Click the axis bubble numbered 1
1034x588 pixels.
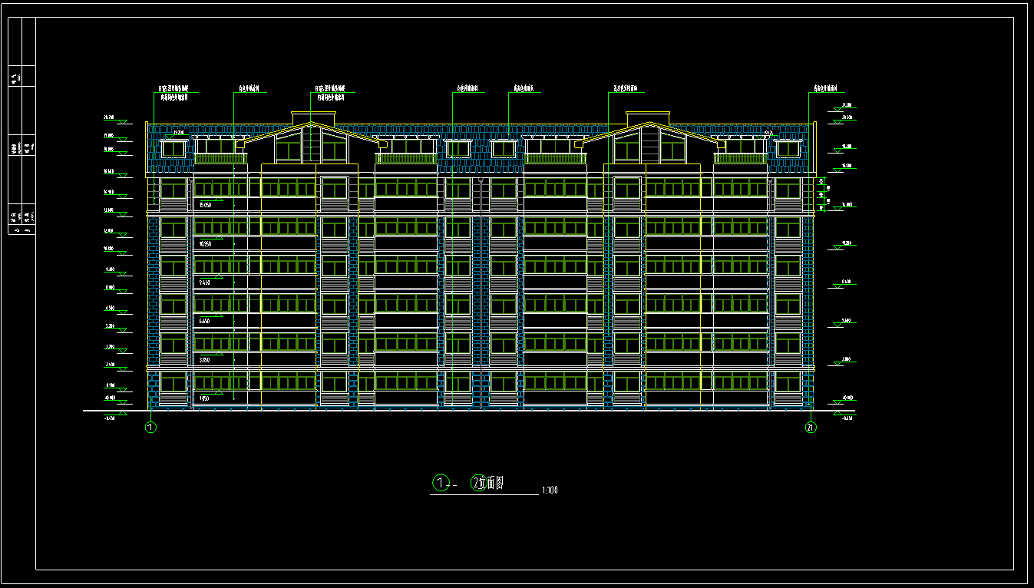tap(151, 428)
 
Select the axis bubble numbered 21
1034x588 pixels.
tap(811, 428)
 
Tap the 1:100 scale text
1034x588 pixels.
tap(550, 490)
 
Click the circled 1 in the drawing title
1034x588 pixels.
tap(441, 483)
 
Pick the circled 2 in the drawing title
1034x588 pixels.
tap(477, 483)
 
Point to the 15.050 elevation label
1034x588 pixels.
tap(205, 206)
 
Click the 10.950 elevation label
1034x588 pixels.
tap(205, 244)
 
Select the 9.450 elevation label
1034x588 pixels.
tap(205, 282)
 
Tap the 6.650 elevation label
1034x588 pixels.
tap(205, 321)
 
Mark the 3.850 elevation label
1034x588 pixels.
tap(205, 360)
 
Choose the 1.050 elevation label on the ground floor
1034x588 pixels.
tap(205, 398)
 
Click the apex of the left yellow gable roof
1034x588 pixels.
tap(311, 123)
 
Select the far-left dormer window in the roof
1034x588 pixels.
tap(173, 149)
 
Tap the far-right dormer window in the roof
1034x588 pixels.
tap(787, 149)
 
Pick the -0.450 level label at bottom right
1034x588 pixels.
tap(847, 418)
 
